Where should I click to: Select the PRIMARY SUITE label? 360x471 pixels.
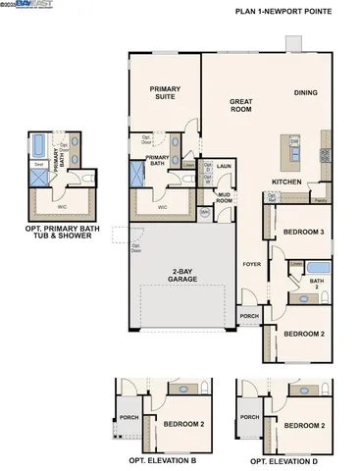point(165,92)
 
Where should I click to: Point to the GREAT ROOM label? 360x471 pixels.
point(241,105)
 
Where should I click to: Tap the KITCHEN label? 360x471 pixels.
point(286,183)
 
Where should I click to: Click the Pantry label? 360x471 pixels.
point(319,200)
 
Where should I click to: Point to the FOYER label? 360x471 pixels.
point(252,264)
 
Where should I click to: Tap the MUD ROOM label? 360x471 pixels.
point(224,197)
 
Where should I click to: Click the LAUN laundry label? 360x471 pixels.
point(224,167)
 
